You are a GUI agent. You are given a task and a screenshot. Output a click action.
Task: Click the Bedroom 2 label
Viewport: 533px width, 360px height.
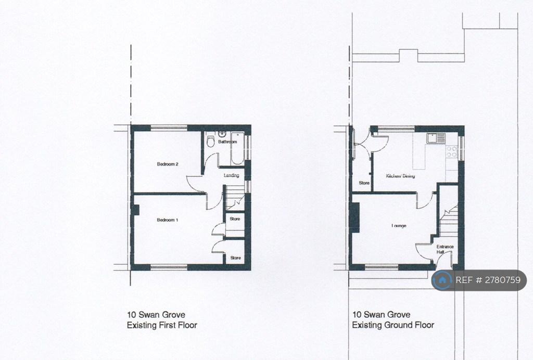coord(168,164)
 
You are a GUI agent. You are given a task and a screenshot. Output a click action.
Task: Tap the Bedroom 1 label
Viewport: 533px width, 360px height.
coord(168,220)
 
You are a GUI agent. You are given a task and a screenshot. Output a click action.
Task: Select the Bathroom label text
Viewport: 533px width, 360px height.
coord(227,142)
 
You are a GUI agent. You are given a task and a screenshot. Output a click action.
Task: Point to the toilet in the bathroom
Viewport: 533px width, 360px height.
coord(211,141)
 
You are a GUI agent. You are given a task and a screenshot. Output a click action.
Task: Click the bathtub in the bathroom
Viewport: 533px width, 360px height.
coord(237,148)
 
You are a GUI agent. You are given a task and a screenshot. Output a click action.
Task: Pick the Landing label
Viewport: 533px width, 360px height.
coord(231,175)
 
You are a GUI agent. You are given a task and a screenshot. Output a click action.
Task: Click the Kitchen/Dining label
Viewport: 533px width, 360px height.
coord(400,176)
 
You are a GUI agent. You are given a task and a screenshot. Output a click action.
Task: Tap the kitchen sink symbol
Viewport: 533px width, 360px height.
coord(436,138)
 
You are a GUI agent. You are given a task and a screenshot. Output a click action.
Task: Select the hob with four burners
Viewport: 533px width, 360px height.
coord(452,152)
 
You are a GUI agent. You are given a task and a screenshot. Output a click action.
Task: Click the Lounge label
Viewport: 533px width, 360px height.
coord(399,226)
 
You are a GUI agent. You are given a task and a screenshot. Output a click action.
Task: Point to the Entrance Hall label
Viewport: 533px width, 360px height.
coord(445,249)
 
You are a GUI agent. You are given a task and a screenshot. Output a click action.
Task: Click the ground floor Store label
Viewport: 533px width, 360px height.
coord(364,183)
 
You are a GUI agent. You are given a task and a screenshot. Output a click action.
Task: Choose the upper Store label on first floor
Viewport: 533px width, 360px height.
coord(235,219)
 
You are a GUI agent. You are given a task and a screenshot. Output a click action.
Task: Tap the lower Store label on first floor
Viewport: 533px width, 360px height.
coord(236,258)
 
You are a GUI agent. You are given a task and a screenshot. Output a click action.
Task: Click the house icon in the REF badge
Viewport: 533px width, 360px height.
coord(442,280)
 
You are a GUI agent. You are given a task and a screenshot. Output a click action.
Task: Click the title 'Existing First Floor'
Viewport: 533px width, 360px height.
coord(162,325)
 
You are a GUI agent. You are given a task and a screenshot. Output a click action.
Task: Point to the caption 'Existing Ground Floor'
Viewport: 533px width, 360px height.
coord(393,325)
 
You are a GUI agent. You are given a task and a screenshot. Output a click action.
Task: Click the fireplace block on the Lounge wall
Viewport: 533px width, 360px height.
coord(355,217)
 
